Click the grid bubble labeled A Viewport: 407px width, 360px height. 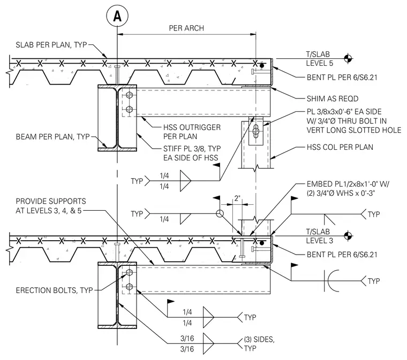117,16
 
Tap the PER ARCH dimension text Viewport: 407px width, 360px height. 186,28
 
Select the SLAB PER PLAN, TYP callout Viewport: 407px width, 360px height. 51,44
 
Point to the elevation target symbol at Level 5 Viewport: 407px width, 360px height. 348,59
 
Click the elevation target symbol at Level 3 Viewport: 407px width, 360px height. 348,236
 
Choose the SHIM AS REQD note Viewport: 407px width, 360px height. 333,98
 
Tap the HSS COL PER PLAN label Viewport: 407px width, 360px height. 340,147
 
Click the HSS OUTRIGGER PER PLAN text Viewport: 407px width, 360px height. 192,132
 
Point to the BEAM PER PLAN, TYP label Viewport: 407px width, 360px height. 52,136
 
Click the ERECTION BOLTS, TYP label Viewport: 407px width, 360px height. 54,290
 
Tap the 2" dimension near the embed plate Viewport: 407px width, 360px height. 237,198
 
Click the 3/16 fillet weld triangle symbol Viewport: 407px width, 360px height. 208,343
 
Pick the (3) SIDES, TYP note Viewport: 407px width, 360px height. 259,343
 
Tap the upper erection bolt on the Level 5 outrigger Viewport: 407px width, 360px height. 129,95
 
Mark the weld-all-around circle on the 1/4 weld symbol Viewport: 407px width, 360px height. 220,213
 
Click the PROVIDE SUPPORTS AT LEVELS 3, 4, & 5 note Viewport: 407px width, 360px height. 51,206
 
